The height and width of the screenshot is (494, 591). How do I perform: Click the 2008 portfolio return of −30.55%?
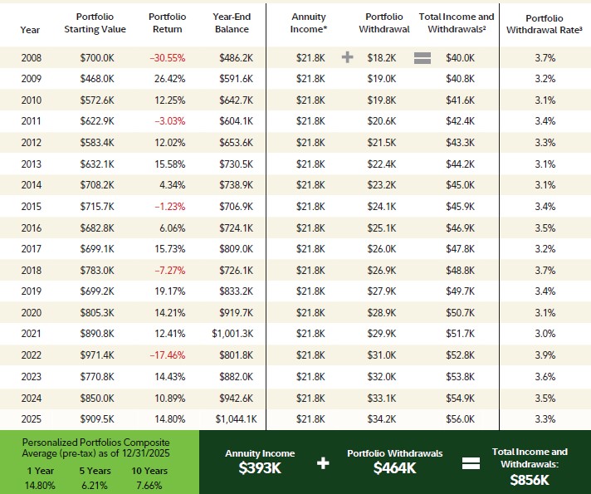pos(167,58)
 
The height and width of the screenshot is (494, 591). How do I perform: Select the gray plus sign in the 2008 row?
pos(348,58)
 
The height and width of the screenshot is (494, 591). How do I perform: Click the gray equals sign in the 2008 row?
pos(422,58)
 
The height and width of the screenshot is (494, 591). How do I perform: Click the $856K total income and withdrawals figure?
pos(530,479)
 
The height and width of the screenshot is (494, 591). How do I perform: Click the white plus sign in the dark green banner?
pos(323,462)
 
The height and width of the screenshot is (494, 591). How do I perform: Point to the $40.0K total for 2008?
pos(459,58)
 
